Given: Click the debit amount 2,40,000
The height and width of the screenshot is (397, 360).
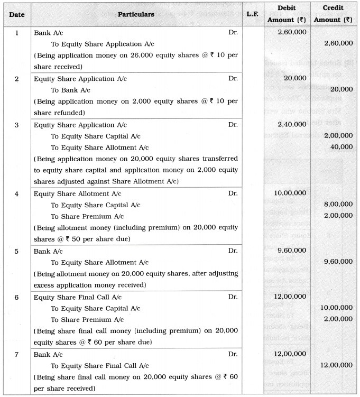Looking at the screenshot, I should click(291, 125).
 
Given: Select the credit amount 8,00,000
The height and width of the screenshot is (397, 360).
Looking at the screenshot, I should click(338, 205).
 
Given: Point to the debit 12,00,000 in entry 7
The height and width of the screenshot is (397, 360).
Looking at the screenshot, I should click(289, 354).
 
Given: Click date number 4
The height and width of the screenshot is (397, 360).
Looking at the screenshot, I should click(16, 193).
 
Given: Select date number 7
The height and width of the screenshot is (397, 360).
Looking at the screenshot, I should click(16, 354).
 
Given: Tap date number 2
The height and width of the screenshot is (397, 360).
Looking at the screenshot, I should click(16, 79).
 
